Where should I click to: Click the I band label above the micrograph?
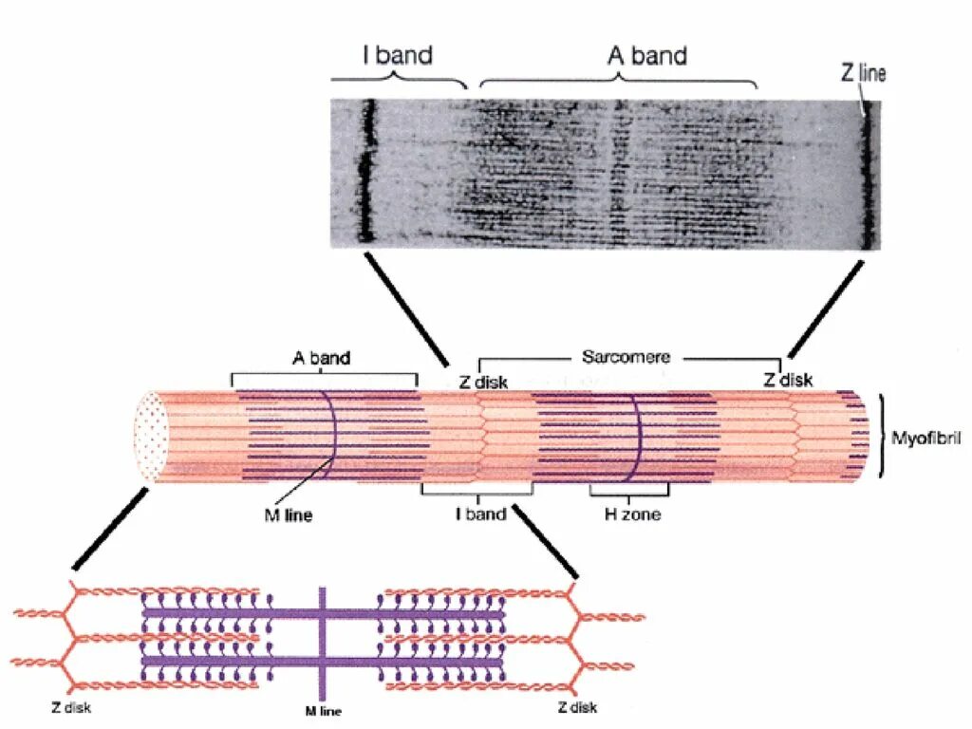398,55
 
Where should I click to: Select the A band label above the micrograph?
646,55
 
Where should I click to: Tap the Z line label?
863,72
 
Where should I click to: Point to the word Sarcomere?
626,357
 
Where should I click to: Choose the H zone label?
633,514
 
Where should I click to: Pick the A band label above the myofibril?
321,358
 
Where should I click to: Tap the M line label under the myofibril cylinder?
288,516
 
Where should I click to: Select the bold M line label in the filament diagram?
324,711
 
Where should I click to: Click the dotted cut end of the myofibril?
151,436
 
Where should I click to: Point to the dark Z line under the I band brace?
368,171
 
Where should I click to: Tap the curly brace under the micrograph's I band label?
399,81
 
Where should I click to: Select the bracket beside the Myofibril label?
885,436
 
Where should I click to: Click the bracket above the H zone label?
629,493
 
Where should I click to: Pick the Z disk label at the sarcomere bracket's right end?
789,380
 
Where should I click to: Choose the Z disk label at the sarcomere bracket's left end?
483,383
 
